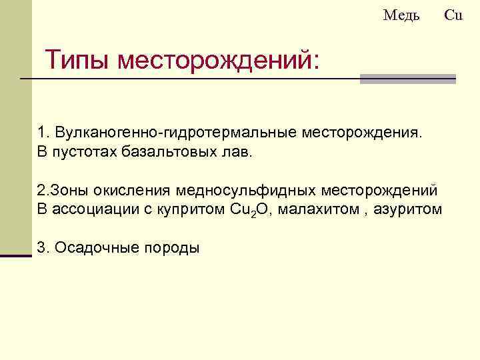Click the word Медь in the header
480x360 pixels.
click(x=401, y=15)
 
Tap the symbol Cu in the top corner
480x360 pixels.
click(x=453, y=15)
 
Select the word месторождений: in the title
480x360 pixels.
click(x=219, y=61)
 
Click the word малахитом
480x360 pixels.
click(x=311, y=209)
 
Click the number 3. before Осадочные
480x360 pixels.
click(x=43, y=248)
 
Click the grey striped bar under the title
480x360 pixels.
click(x=407, y=79)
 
